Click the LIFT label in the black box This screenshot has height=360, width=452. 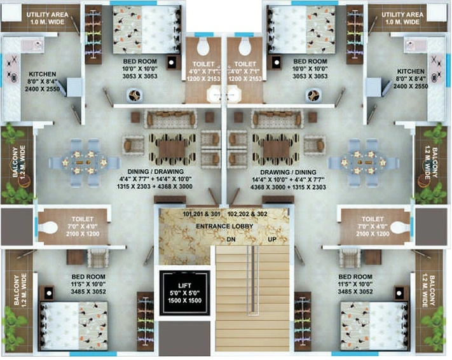[x=185, y=286]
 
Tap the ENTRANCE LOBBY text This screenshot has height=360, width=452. [x=224, y=226]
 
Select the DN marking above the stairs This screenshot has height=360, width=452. [x=231, y=239]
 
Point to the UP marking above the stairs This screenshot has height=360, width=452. [x=272, y=239]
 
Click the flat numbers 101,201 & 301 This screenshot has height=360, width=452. [x=202, y=214]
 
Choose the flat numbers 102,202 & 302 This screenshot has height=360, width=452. [x=247, y=214]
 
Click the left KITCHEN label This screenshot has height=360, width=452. [x=43, y=74]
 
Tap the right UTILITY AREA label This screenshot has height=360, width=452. [x=402, y=15]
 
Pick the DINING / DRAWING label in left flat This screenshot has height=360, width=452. [x=155, y=172]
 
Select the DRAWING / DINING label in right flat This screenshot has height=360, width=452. [x=288, y=172]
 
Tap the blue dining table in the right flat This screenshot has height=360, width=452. [x=364, y=163]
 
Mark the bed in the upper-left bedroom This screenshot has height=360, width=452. [x=147, y=30]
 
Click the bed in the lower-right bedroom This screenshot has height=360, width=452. [x=374, y=326]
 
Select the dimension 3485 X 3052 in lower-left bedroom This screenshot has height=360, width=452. [x=88, y=292]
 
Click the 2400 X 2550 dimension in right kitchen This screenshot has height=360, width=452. [x=411, y=87]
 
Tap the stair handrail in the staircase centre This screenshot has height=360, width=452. [x=253, y=279]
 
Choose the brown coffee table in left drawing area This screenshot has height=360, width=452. [x=172, y=149]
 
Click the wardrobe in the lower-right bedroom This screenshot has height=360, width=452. [x=303, y=321]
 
